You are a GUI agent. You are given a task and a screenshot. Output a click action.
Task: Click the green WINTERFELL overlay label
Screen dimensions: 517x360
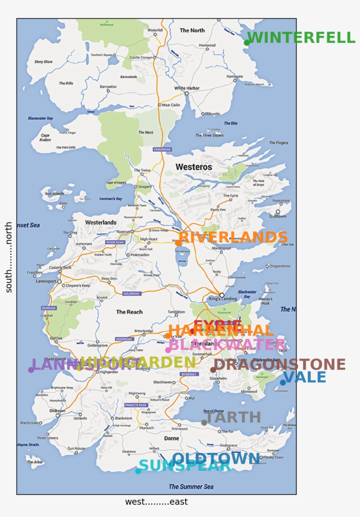click(301, 38)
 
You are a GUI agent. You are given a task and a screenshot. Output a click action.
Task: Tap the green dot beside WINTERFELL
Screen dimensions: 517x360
click(247, 43)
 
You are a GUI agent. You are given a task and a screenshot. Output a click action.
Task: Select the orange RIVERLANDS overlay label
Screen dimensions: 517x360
click(233, 237)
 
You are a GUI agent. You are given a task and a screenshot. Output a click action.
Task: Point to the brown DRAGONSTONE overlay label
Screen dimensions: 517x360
click(280, 365)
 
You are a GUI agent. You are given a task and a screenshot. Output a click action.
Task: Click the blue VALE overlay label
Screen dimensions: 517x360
click(305, 377)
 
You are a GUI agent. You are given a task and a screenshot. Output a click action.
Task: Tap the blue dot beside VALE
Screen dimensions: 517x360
click(283, 383)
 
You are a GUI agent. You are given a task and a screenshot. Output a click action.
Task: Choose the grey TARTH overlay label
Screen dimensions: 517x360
click(233, 417)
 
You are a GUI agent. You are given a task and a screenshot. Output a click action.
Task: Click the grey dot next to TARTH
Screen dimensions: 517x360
click(204, 423)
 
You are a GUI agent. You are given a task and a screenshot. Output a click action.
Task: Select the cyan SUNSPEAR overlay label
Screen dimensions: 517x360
click(185, 466)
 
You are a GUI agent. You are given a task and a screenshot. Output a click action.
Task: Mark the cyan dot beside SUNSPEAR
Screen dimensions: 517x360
click(138, 471)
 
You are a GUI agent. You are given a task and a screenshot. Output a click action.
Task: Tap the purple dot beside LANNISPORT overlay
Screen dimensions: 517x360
click(31, 370)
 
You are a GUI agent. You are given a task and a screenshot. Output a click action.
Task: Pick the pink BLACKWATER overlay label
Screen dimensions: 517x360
click(227, 345)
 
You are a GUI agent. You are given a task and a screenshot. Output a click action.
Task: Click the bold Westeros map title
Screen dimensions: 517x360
click(194, 167)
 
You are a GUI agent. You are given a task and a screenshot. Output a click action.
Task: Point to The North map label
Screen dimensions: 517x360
click(192, 30)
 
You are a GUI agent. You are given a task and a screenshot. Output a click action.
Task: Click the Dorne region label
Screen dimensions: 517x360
click(172, 438)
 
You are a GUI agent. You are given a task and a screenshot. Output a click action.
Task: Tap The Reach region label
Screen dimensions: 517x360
click(129, 312)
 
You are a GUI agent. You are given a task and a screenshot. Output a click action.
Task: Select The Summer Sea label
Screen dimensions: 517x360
click(191, 486)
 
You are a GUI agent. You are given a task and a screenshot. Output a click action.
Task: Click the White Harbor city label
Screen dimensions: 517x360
click(187, 88)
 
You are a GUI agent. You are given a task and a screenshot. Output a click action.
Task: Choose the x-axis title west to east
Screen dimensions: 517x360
click(156, 502)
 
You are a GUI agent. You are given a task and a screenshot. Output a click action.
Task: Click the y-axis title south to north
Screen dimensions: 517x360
click(9, 257)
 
